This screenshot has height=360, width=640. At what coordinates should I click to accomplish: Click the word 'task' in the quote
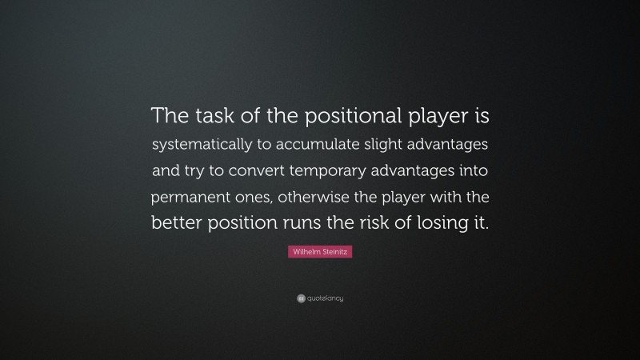click(211, 118)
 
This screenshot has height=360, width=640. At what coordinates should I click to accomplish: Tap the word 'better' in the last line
click(178, 222)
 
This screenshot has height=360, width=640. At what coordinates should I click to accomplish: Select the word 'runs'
click(316, 222)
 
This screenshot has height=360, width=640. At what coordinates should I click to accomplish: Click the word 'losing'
click(450, 222)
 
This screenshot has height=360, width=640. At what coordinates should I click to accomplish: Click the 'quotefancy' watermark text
click(326, 298)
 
